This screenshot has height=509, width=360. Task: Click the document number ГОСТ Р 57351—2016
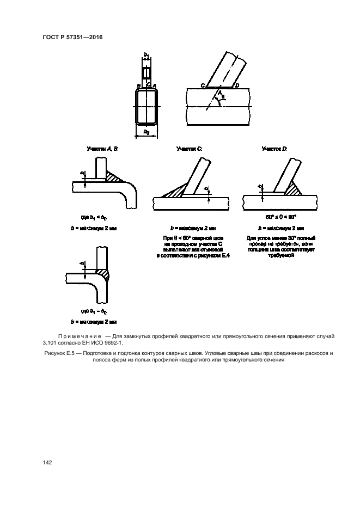pos(72,37)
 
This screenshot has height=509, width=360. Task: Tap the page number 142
pos(47,462)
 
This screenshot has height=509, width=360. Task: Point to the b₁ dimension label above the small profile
pos(146,56)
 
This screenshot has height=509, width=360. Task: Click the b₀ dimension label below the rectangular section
pos(146,132)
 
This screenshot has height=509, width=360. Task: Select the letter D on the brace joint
pos(236,86)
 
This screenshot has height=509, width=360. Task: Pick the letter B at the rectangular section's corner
pos(139,86)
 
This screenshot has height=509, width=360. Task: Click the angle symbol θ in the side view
pos(223,96)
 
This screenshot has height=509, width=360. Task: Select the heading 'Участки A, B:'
pos(102,148)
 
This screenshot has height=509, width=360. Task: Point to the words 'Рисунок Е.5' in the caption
pos(57,354)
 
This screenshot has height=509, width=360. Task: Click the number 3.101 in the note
pos(50,344)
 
